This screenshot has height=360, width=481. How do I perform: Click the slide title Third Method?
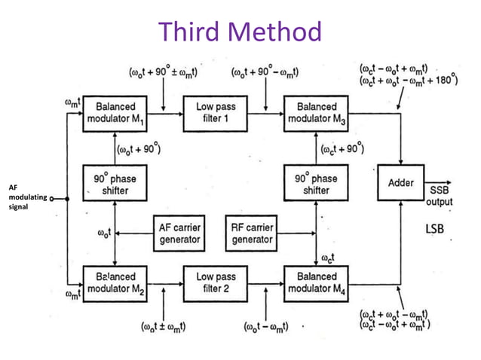[x=240, y=32]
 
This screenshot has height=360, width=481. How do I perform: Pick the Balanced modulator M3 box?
[x=317, y=114]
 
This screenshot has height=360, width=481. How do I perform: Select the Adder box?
[x=400, y=184]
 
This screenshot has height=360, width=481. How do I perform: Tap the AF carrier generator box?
[x=179, y=233]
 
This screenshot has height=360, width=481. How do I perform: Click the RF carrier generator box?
[x=252, y=233]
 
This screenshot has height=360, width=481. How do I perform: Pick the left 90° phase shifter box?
[x=115, y=185]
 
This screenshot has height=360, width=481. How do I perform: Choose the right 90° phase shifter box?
[x=317, y=185]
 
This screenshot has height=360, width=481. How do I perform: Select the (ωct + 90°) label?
[x=342, y=148]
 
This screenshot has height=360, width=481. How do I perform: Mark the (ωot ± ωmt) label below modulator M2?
[x=164, y=327]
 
